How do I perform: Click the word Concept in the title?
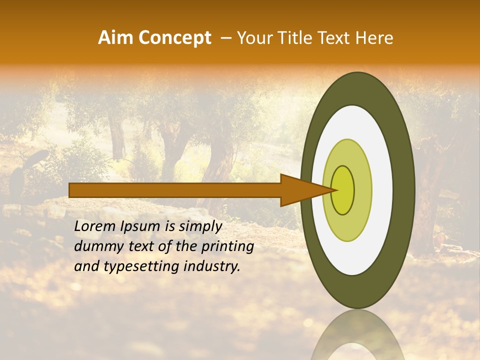coord(175,38)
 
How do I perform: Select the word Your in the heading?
coord(253,38)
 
